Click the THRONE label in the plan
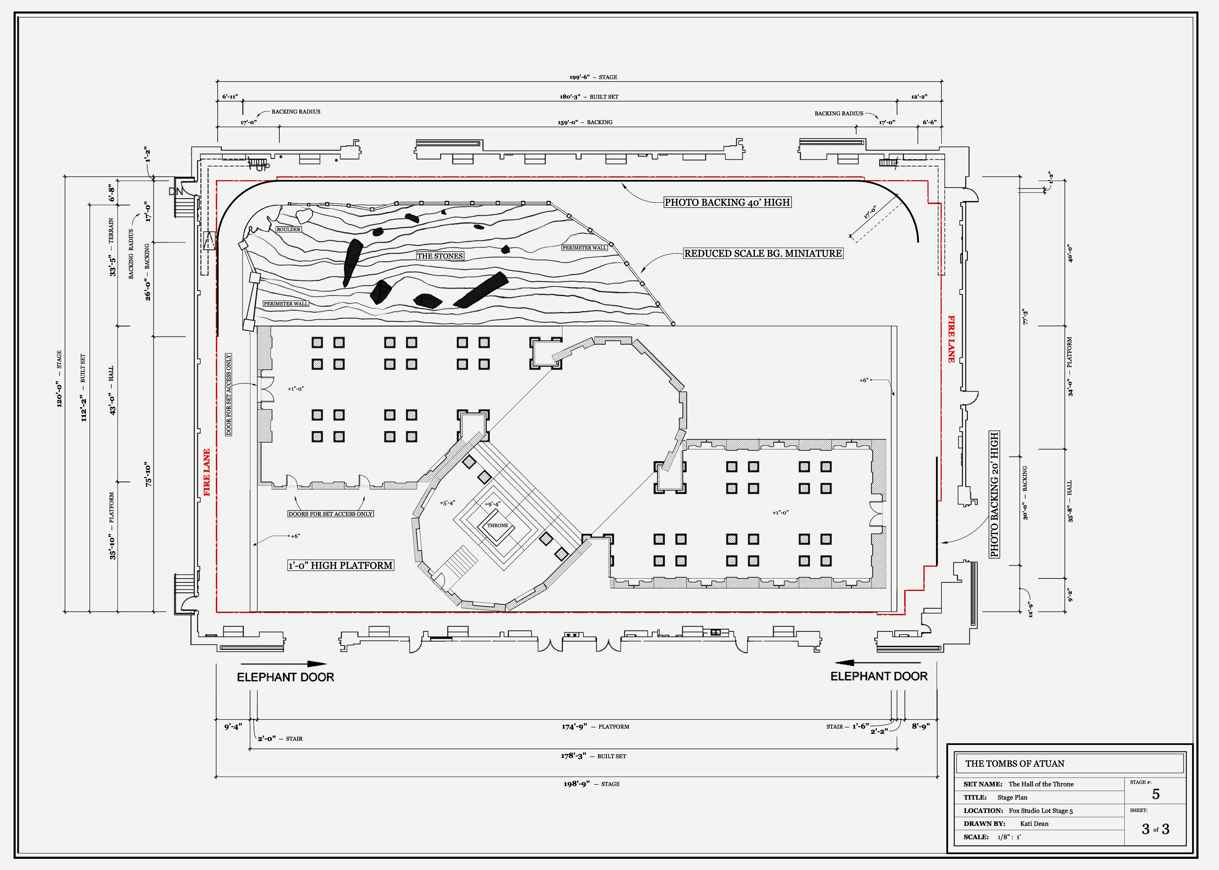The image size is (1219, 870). (497, 526)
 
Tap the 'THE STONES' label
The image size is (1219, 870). (440, 256)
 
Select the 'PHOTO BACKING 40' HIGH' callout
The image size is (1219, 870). (727, 202)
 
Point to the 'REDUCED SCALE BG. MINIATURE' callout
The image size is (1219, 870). (763, 253)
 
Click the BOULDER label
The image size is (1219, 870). (288, 229)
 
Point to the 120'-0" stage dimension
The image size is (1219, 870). (59, 379)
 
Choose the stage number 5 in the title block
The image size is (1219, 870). (1156, 794)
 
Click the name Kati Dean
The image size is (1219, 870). (1034, 824)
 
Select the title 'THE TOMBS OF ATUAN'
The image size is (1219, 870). (1015, 763)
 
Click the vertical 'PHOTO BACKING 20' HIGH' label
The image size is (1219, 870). (994, 495)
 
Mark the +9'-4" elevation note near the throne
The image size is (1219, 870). (492, 504)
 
